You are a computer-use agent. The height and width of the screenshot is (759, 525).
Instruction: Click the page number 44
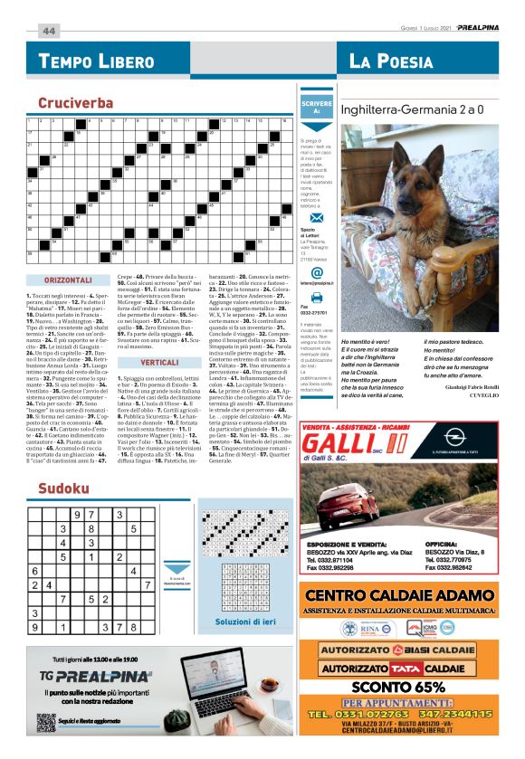[x=48, y=30]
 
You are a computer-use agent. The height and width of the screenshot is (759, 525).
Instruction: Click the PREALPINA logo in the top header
[x=479, y=29]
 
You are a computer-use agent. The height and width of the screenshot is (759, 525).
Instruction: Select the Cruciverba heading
[x=76, y=103]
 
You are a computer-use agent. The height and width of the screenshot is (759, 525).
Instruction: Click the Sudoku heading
[x=63, y=489]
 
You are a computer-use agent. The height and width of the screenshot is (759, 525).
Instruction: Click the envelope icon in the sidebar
[x=316, y=221]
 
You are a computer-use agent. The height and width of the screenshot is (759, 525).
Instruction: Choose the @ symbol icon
[x=316, y=272]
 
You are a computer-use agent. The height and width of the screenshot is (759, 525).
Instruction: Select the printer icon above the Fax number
[x=316, y=297]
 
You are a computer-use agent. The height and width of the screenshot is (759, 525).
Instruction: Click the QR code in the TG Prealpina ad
[x=46, y=722]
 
